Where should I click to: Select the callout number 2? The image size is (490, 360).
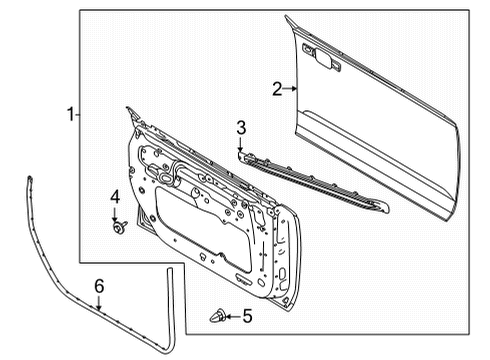click(x=277, y=89)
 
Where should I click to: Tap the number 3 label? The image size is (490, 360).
click(x=241, y=126)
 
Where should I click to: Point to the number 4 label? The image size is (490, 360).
click(x=115, y=196)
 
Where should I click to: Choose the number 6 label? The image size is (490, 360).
click(x=99, y=287)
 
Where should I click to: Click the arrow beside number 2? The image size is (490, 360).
click(x=292, y=89)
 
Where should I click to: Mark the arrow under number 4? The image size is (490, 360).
click(x=115, y=215)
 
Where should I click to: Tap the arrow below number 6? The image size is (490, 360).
click(x=99, y=304)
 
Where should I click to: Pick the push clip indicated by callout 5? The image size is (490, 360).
click(x=216, y=317)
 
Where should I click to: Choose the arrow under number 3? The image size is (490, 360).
click(x=241, y=145)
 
